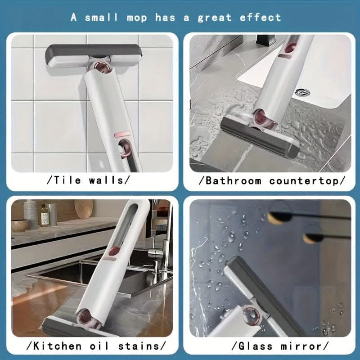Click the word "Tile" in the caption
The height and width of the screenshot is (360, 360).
67,180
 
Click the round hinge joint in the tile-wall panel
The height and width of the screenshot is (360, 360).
103,69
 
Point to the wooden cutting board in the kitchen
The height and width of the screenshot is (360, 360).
84,208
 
